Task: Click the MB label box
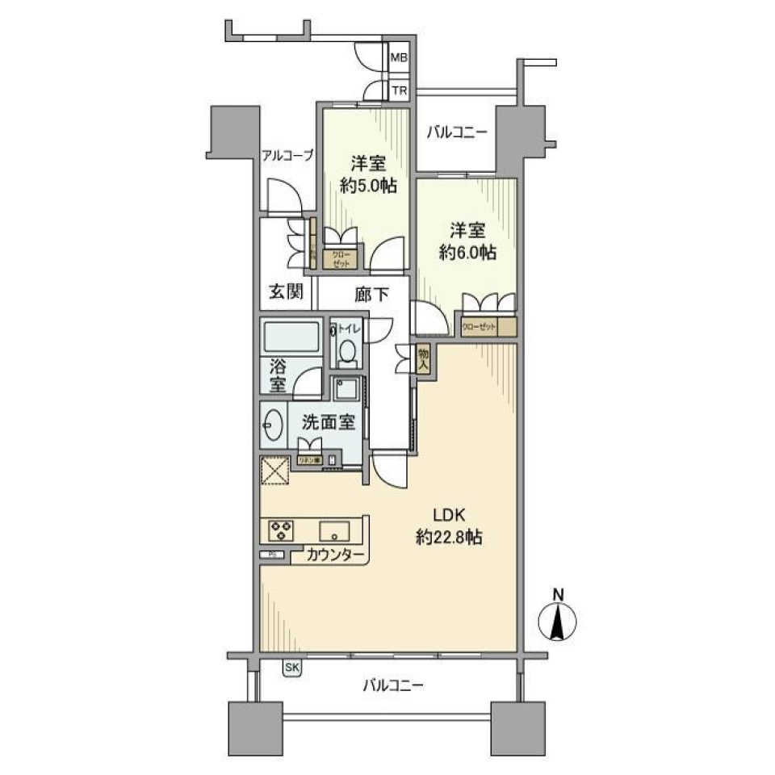tap(400, 58)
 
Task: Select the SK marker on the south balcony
tap(291, 667)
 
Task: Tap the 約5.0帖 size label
tap(367, 185)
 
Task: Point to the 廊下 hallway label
tap(371, 295)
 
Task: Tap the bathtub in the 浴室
tap(291, 336)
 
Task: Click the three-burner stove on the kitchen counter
tap(281, 530)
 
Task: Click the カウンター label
tap(335, 555)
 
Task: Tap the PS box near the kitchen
tap(272, 555)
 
